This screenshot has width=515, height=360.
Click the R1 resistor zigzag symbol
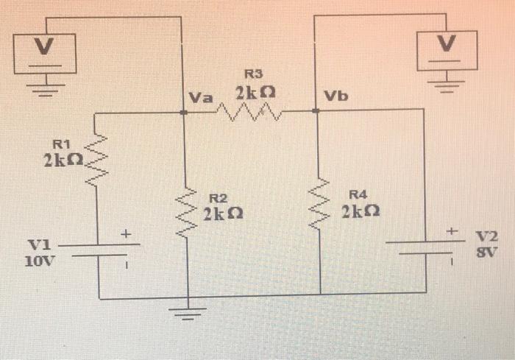pyautogui.click(x=99, y=157)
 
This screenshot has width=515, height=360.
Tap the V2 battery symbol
pyautogui.click(x=425, y=245)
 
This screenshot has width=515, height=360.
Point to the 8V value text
pyautogui.click(x=486, y=250)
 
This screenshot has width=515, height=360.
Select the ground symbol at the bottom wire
pyautogui.click(x=189, y=315)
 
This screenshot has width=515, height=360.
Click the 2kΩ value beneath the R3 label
pyautogui.click(x=255, y=93)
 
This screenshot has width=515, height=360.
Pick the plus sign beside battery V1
pyautogui.click(x=126, y=234)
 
